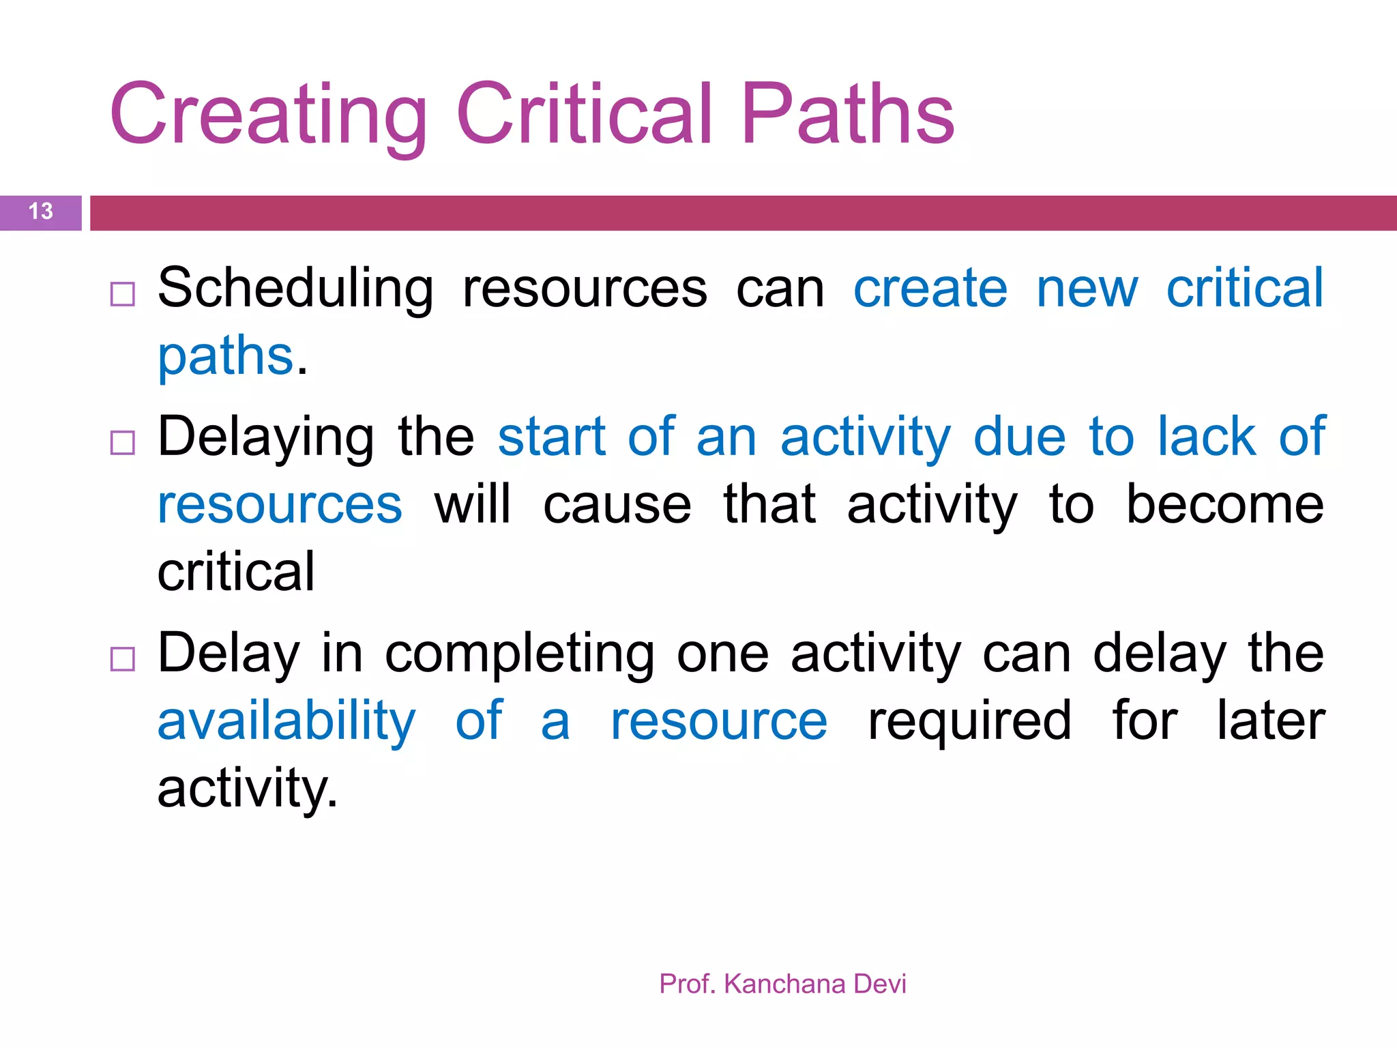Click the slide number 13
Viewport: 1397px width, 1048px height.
41,212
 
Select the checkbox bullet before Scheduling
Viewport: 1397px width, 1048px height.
123,294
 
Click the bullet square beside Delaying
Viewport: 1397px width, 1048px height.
123,443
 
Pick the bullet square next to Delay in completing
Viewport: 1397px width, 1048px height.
123,659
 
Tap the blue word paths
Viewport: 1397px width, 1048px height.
226,357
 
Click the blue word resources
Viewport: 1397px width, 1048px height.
280,506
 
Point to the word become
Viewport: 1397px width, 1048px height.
1224,505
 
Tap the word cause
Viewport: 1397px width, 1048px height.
617,506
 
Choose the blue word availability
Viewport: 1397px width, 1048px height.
286,722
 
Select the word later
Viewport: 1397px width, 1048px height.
1271,721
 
